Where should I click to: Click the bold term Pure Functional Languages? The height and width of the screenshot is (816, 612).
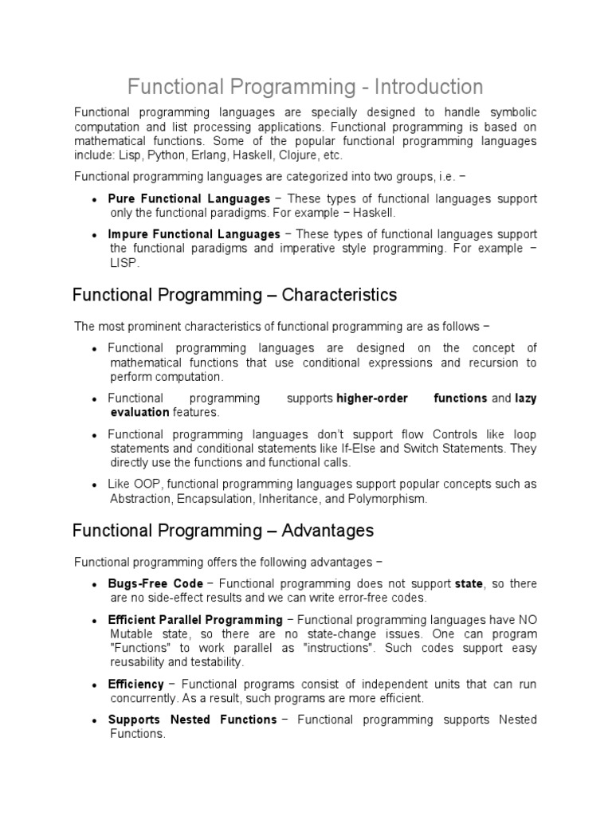[189, 198]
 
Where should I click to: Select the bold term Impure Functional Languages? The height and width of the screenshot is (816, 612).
[194, 234]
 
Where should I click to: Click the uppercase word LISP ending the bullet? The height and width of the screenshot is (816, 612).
[124, 263]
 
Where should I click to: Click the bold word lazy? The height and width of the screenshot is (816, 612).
[525, 398]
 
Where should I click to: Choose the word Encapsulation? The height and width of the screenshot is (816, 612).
[211, 499]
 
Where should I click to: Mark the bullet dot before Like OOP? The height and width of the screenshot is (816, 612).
[95, 485]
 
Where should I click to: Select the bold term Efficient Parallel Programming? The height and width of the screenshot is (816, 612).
[195, 620]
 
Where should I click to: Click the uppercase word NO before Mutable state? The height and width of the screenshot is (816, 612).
[528, 620]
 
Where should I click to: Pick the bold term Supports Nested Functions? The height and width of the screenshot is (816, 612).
[192, 720]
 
